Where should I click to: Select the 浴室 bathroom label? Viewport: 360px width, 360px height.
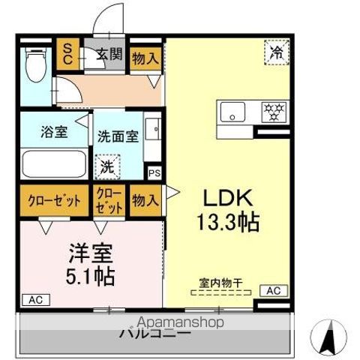point(53,133)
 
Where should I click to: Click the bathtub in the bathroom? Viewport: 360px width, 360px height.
point(52,163)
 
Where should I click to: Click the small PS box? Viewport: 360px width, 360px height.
point(154,172)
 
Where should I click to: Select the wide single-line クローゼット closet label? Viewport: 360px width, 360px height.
point(54,200)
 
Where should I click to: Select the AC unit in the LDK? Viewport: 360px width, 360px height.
point(272,291)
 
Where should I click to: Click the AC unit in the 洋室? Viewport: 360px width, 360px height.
point(34,299)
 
